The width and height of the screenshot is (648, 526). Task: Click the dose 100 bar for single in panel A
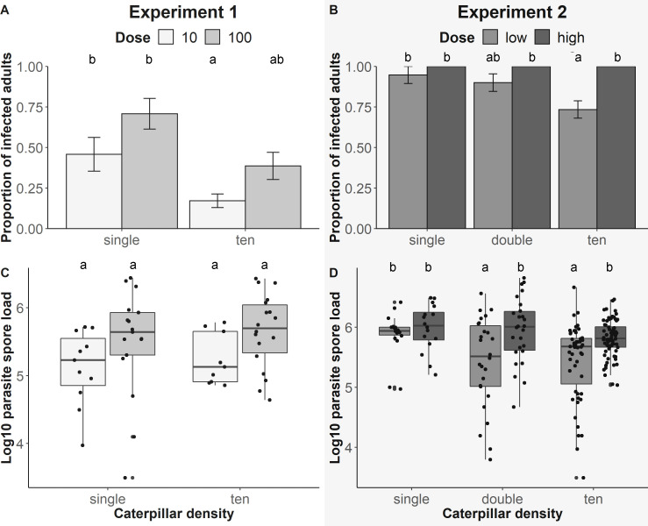(150, 171)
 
